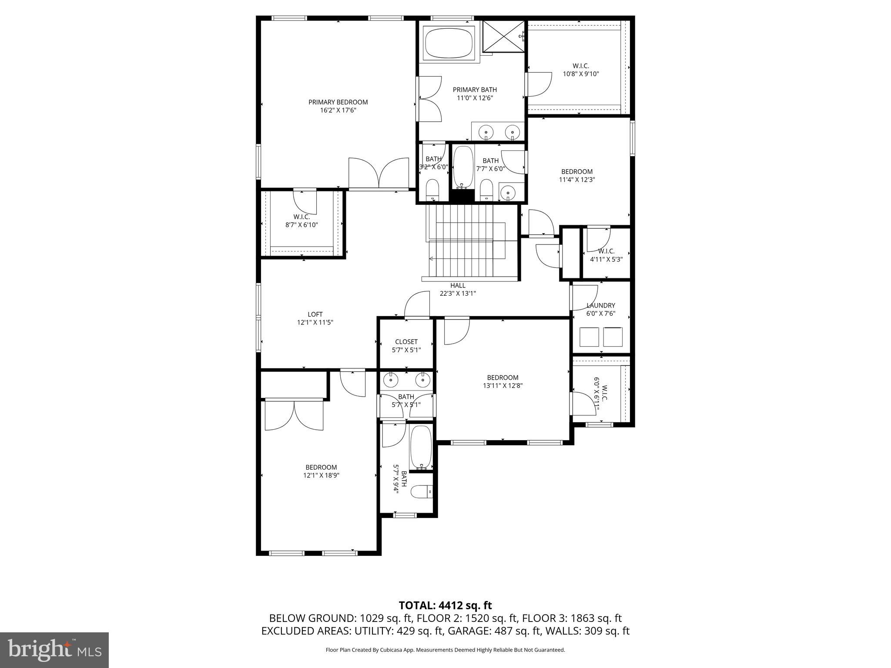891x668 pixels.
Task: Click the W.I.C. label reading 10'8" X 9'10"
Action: (x=581, y=70)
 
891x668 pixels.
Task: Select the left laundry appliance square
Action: (x=590, y=337)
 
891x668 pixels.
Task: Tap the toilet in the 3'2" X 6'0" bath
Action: (x=432, y=190)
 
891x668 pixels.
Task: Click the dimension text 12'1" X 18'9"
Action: (x=321, y=476)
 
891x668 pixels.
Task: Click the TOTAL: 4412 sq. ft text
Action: (x=445, y=605)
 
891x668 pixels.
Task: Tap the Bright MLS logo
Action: (x=54, y=650)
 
